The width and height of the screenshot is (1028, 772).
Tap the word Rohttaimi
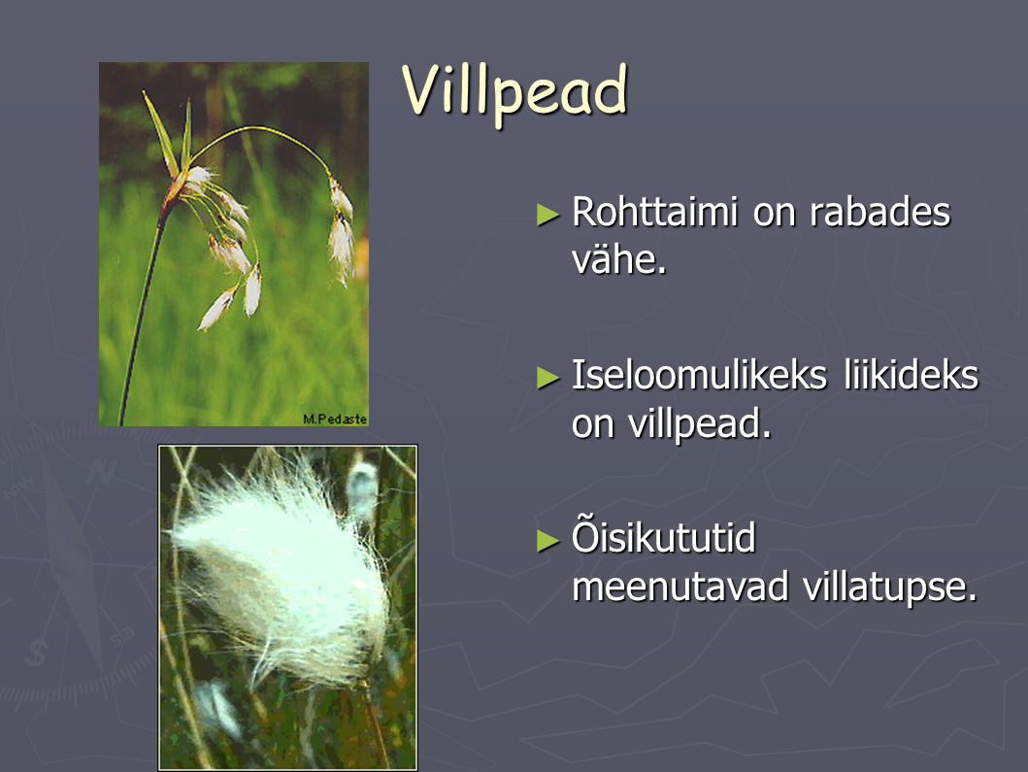pyautogui.click(x=654, y=212)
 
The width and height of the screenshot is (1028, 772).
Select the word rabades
pyautogui.click(x=879, y=212)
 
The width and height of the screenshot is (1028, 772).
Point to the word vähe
pyautogui.click(x=618, y=259)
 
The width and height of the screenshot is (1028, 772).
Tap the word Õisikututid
pyautogui.click(x=663, y=537)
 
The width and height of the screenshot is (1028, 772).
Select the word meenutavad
pyautogui.click(x=680, y=587)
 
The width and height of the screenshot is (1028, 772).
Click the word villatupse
pyautogui.click(x=889, y=587)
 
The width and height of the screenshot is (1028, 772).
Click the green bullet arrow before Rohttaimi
pyautogui.click(x=547, y=215)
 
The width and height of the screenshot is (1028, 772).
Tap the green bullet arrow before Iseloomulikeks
pyautogui.click(x=547, y=378)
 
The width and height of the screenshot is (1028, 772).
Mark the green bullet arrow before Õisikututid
pyautogui.click(x=547, y=541)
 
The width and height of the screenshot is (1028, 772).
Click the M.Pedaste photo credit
pyautogui.click(x=334, y=420)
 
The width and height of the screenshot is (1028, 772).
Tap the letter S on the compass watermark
pyautogui.click(x=37, y=653)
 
